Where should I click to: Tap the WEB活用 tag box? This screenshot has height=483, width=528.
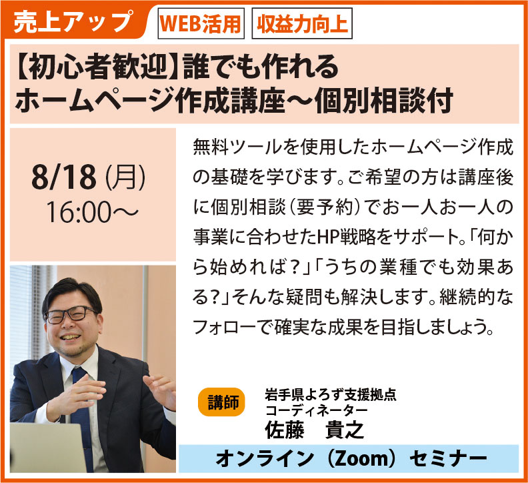click(201, 23)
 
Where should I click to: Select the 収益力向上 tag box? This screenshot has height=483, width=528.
click(302, 23)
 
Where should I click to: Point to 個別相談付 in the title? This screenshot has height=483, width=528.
click(383, 100)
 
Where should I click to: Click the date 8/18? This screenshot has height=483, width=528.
click(64, 177)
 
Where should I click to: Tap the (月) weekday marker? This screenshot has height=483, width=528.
click(125, 177)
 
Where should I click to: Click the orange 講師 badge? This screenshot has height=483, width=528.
click(222, 402)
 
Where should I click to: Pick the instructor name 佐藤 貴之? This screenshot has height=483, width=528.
click(314, 430)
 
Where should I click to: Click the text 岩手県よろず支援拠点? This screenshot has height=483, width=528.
click(331, 395)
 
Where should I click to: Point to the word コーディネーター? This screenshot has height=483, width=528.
click(316, 410)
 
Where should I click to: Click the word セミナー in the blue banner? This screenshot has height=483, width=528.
click(449, 458)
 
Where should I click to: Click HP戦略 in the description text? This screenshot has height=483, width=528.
click(347, 237)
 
